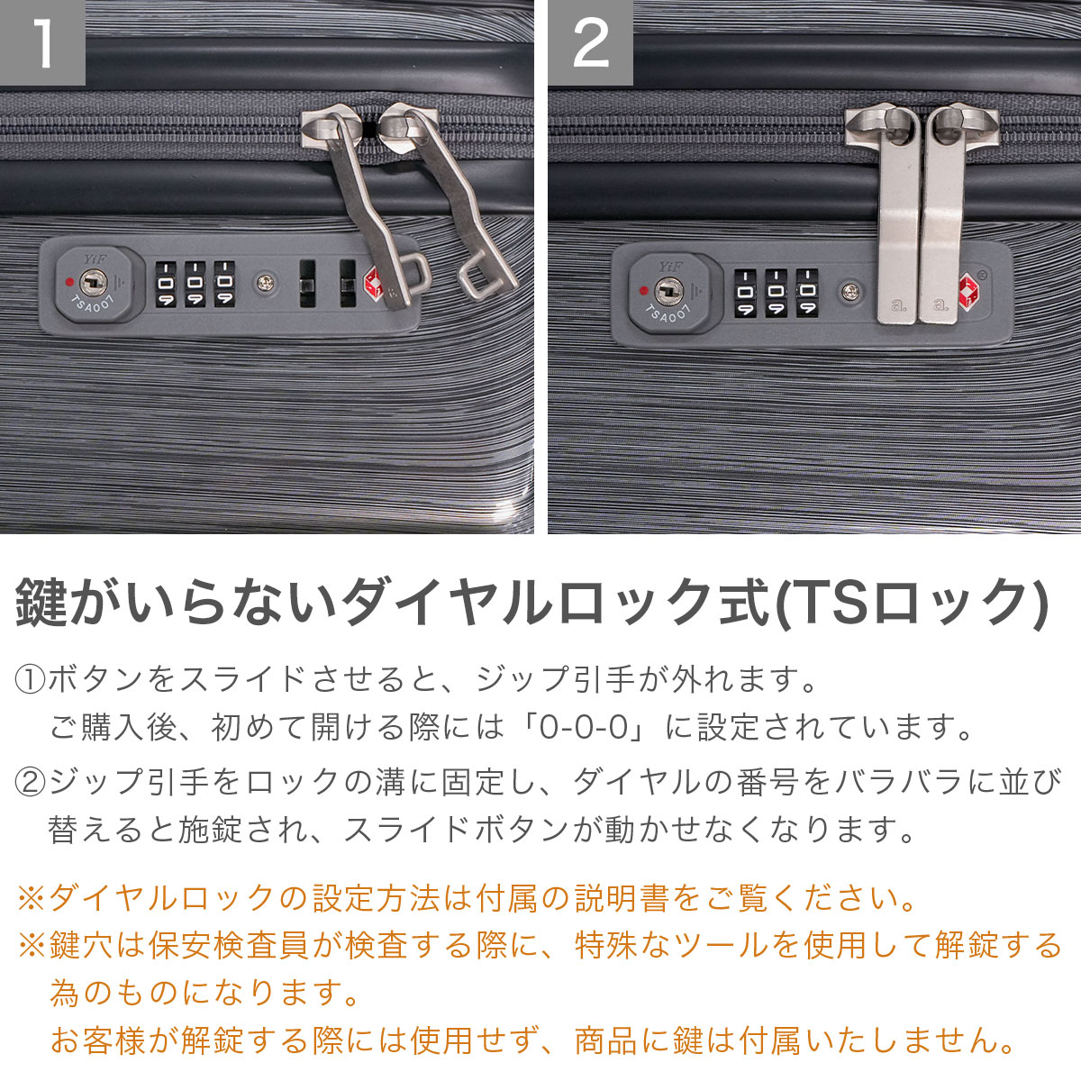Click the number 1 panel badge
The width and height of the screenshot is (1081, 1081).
(42, 42)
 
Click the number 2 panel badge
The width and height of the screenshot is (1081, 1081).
(590, 42)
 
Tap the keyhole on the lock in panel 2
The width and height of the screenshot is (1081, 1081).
(670, 291)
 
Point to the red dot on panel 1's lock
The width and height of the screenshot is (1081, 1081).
(69, 282)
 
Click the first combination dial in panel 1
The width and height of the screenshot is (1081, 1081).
(166, 284)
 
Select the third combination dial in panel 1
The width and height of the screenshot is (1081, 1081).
(224, 284)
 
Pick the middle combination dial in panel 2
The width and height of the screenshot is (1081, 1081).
(777, 293)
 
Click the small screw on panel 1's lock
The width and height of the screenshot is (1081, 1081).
(265, 283)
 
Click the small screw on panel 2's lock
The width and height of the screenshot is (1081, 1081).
(851, 291)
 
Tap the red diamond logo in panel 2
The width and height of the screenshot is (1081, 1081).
(969, 290)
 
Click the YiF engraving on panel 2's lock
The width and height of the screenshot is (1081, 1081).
(670, 268)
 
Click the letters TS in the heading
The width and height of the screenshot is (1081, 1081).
(829, 603)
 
